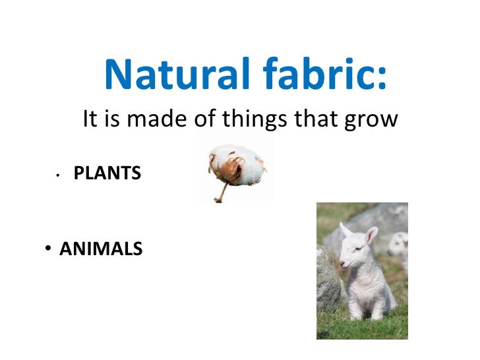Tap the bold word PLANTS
click(x=107, y=173)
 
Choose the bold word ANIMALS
click(x=101, y=249)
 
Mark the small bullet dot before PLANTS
click(x=59, y=175)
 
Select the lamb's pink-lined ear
click(x=371, y=235)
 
